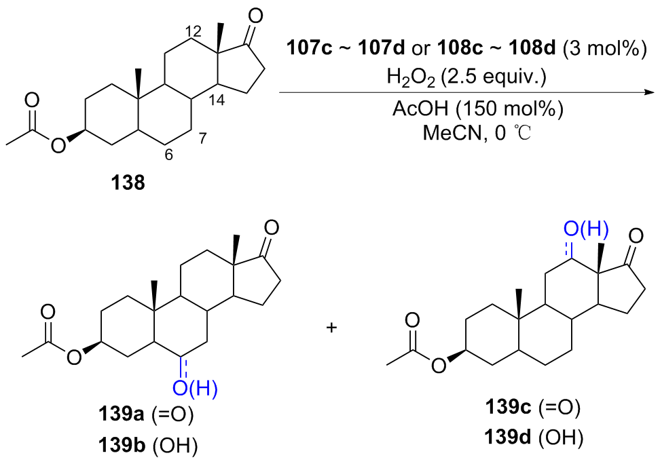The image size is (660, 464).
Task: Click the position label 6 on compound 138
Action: click(x=168, y=154)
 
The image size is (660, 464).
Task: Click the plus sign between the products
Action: click(x=331, y=328)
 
